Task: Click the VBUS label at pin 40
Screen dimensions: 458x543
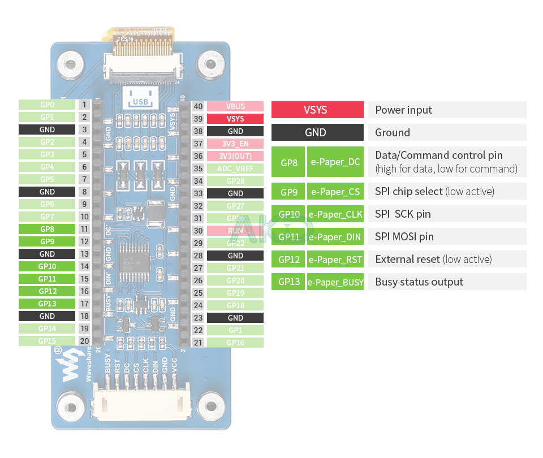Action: pyautogui.click(x=235, y=106)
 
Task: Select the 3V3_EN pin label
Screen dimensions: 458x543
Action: pyautogui.click(x=235, y=144)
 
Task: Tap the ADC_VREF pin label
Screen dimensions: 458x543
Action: pyautogui.click(x=235, y=168)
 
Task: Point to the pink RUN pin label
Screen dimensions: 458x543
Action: pyautogui.click(x=235, y=231)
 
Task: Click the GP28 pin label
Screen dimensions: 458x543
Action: pyautogui.click(x=235, y=181)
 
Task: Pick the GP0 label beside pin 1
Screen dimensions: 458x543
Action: pyautogui.click(x=47, y=105)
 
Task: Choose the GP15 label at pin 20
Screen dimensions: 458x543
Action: pyautogui.click(x=47, y=341)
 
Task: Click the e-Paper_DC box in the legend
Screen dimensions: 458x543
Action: pyautogui.click(x=335, y=162)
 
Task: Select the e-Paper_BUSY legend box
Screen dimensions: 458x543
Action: pyautogui.click(x=335, y=282)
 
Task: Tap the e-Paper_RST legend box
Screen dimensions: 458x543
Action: pyautogui.click(x=335, y=260)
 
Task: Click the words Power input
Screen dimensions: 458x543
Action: pyautogui.click(x=403, y=110)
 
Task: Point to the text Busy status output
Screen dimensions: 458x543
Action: pyautogui.click(x=419, y=282)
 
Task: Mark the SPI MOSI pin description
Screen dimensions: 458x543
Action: pyautogui.click(x=404, y=237)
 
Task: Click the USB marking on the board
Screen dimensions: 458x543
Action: pyautogui.click(x=139, y=102)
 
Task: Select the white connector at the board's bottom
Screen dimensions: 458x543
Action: pyautogui.click(x=140, y=403)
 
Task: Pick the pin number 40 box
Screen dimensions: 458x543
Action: pyautogui.click(x=198, y=106)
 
